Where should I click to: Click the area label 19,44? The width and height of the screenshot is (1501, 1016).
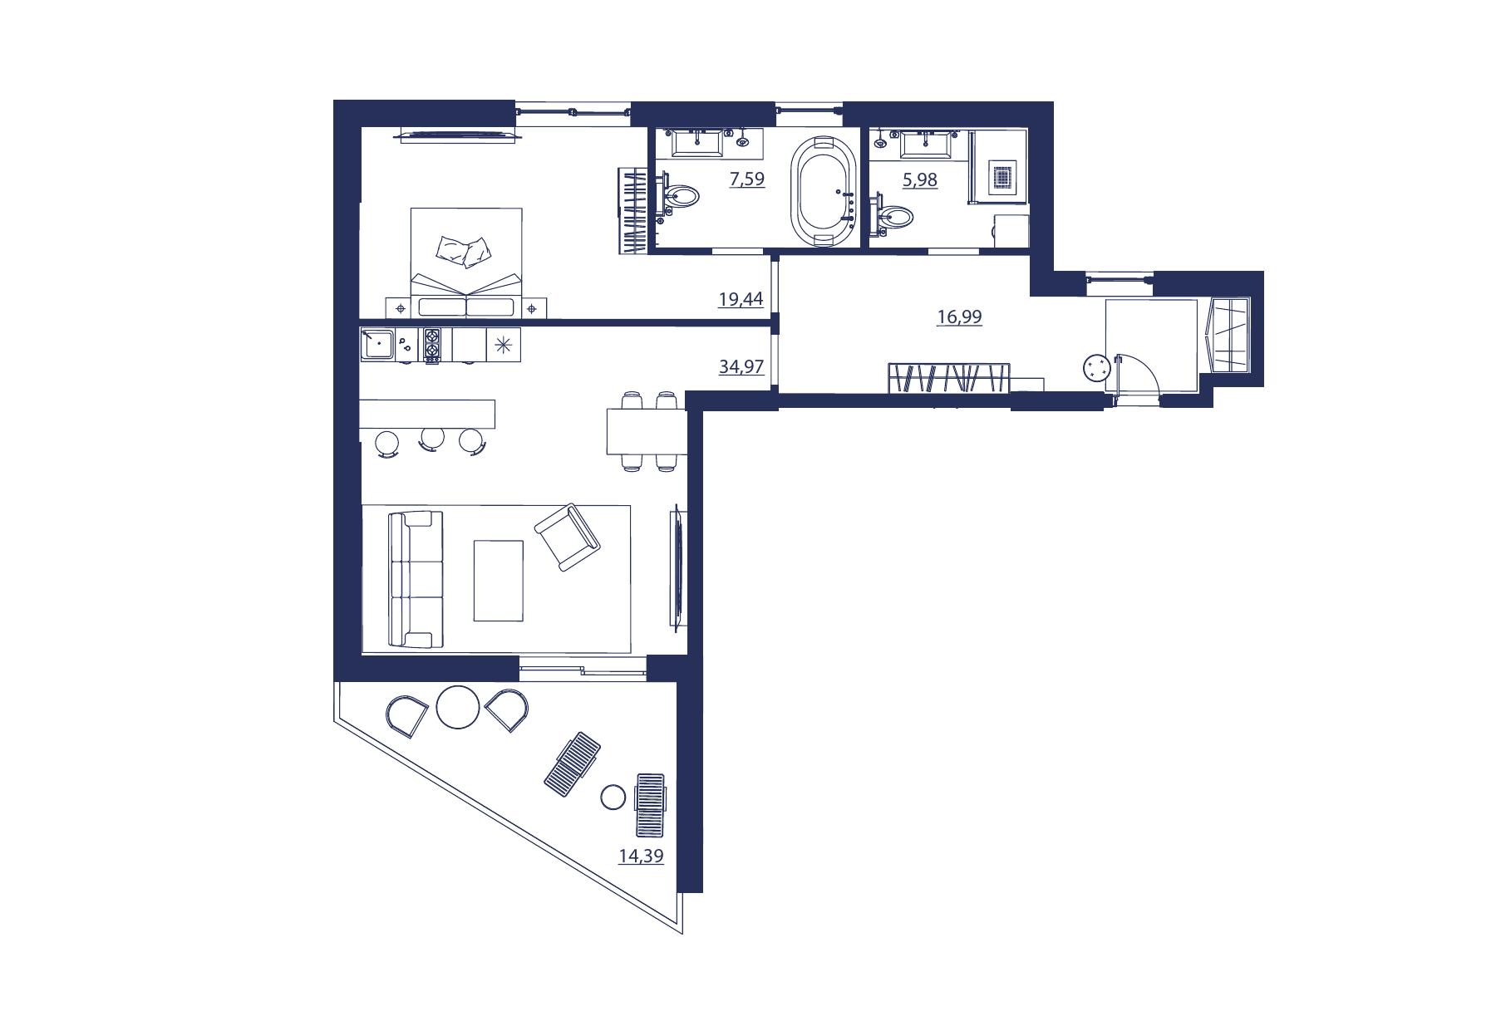[x=741, y=299]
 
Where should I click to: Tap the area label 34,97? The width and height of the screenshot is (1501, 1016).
[x=741, y=366]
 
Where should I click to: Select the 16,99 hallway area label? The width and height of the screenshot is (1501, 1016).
[x=959, y=317]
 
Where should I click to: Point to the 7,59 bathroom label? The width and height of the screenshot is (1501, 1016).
[x=747, y=179]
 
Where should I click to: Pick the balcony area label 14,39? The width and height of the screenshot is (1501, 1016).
[x=641, y=856]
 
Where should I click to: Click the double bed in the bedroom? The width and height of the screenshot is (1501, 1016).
[x=466, y=263]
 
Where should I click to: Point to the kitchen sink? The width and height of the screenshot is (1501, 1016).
[x=378, y=343]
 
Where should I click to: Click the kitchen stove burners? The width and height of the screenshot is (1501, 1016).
[x=432, y=345]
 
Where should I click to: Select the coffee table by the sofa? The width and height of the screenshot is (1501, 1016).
[x=499, y=581]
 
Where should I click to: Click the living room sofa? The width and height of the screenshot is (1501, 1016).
[x=416, y=579]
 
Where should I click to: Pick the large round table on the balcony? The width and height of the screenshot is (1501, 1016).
[x=457, y=707]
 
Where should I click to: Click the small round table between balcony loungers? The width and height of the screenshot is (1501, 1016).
[x=613, y=798]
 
